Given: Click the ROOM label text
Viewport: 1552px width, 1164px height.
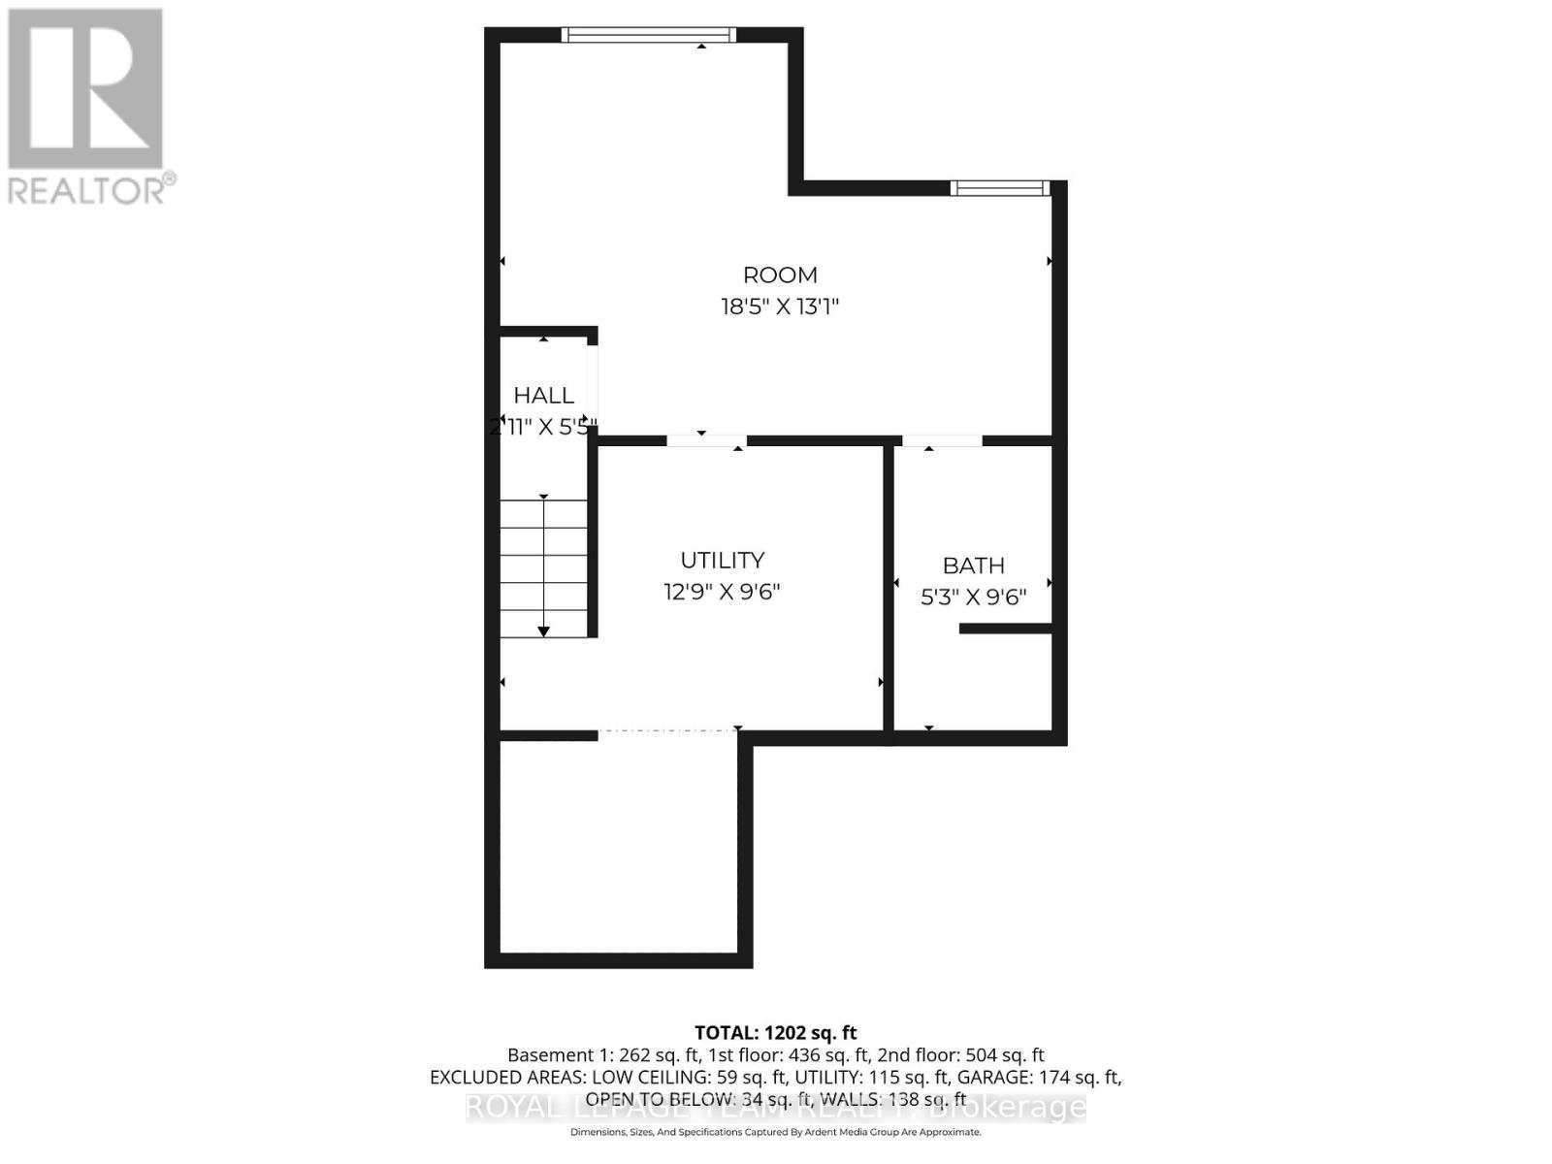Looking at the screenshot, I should [780, 275].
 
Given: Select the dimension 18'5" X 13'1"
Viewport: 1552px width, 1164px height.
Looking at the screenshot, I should [779, 307].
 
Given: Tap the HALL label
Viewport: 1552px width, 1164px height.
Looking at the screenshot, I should [543, 396].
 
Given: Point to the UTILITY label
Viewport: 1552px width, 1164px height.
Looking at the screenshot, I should [722, 561].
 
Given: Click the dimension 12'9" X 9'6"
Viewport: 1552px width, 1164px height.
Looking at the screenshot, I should [722, 592].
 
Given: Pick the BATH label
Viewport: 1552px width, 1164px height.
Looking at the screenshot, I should [973, 566].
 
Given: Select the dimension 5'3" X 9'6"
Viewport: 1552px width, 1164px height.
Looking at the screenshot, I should [973, 597].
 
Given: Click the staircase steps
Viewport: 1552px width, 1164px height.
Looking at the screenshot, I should [543, 567].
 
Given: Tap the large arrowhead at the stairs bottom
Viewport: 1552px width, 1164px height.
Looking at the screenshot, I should [544, 631].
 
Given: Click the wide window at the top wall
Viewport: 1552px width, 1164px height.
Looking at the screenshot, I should [648, 36].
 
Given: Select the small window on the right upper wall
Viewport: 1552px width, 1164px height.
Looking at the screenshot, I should [999, 188].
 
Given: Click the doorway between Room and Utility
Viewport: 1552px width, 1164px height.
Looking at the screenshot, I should [706, 441].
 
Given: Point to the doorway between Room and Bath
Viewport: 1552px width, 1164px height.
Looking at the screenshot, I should [942, 441].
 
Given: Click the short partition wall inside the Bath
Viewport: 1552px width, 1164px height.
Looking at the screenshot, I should [1005, 629].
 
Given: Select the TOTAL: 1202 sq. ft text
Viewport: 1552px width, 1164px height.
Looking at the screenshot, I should [775, 1033].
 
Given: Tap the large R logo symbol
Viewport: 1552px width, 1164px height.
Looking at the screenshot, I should [85, 88].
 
